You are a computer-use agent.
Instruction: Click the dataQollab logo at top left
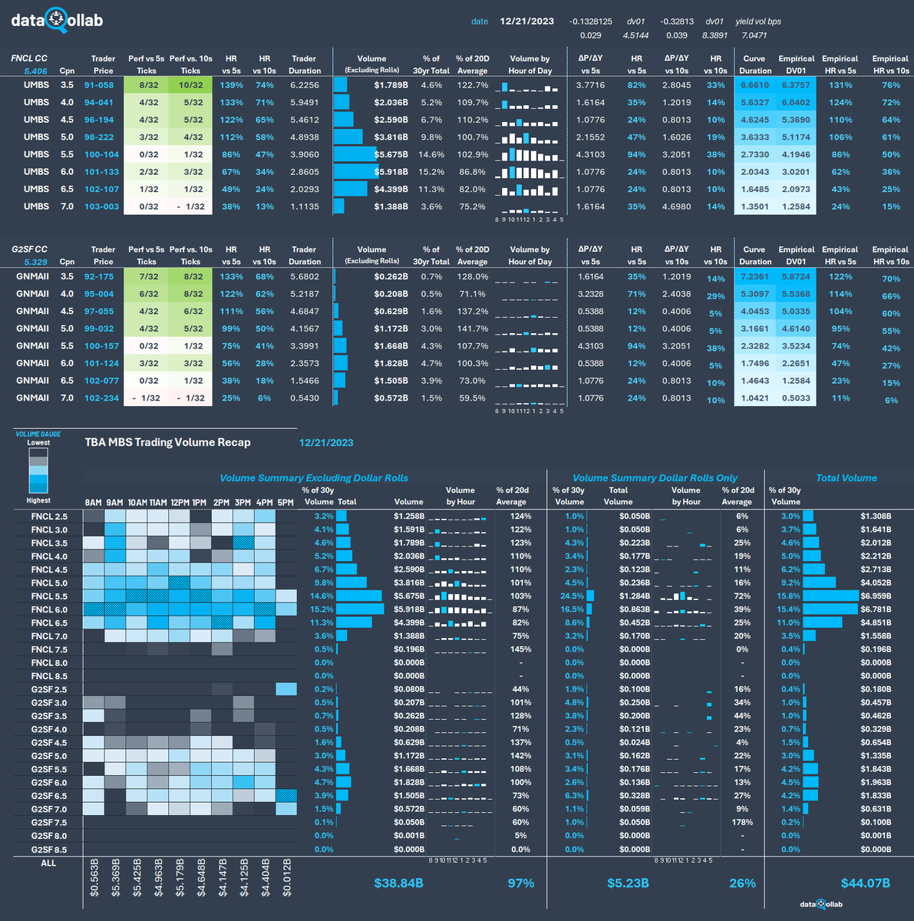[57, 21]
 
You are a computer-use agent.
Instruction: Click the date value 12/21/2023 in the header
[526, 21]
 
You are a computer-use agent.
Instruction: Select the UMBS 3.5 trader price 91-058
[99, 85]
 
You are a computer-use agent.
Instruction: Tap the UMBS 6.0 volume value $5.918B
[391, 172]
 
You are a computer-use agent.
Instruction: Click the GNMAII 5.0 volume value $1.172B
[391, 328]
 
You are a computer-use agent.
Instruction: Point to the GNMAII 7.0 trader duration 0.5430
[305, 398]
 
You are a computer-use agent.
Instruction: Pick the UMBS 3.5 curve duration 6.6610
[754, 85]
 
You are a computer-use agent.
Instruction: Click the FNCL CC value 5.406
[35, 71]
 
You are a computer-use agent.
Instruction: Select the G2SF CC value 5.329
[35, 262]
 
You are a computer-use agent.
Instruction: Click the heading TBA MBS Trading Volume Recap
[167, 442]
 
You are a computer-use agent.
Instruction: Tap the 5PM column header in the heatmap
[285, 503]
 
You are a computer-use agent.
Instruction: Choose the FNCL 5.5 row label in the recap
[49, 596]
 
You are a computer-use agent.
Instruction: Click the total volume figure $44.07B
[865, 883]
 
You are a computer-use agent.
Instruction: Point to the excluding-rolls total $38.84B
[398, 883]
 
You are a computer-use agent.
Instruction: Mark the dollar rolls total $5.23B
[628, 883]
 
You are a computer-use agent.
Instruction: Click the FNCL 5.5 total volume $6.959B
[876, 596]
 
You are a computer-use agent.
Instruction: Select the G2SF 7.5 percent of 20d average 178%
[741, 822]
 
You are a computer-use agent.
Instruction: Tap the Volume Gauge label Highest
[38, 500]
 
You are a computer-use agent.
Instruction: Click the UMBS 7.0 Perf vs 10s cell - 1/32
[190, 206]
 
